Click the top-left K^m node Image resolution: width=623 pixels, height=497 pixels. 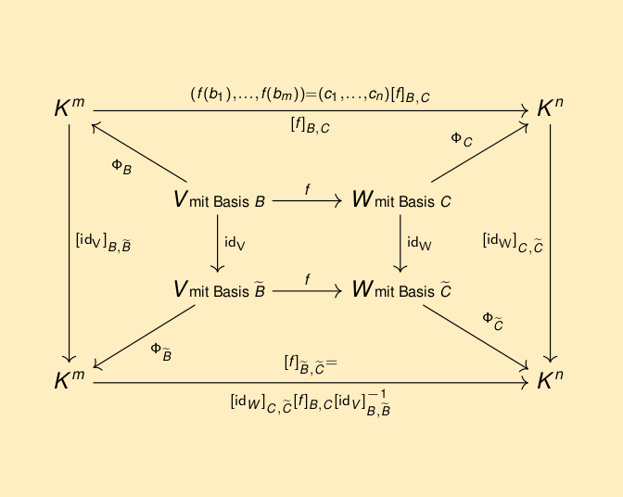pyautogui.click(x=70, y=108)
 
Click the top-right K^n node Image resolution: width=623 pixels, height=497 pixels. pyautogui.click(x=550, y=108)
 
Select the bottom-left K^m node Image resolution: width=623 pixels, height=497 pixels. pyautogui.click(x=70, y=379)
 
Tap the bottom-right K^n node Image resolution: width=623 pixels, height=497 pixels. pyautogui.click(x=550, y=379)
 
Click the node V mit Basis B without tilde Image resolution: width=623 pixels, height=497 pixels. pyautogui.click(x=220, y=199)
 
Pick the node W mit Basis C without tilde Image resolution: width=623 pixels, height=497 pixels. pyautogui.click(x=401, y=199)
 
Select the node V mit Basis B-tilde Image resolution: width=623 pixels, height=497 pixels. pyautogui.click(x=220, y=288)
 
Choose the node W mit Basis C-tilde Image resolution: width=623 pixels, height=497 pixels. pyautogui.click(x=401, y=288)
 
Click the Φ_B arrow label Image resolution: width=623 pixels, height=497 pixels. pyautogui.click(x=121, y=167)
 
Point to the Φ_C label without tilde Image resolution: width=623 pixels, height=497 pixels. pyautogui.click(x=462, y=140)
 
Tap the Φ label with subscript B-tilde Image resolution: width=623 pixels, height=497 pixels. pyautogui.click(x=161, y=352)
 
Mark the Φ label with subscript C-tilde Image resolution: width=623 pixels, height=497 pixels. pyautogui.click(x=493, y=322)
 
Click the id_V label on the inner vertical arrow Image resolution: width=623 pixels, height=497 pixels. pyautogui.click(x=235, y=243)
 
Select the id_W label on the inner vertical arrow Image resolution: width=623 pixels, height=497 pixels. pyautogui.click(x=419, y=243)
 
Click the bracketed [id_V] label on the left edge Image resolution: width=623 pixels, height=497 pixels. pyautogui.click(x=103, y=243)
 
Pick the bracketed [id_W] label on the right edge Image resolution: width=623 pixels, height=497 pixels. pyautogui.click(x=513, y=243)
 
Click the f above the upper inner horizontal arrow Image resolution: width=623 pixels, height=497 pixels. pyautogui.click(x=308, y=189)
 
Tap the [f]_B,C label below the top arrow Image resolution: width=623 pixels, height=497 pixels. pyautogui.click(x=311, y=125)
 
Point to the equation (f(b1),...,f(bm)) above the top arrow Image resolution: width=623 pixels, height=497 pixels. pyautogui.click(x=311, y=96)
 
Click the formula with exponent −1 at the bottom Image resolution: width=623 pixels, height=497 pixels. pyautogui.click(x=311, y=402)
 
